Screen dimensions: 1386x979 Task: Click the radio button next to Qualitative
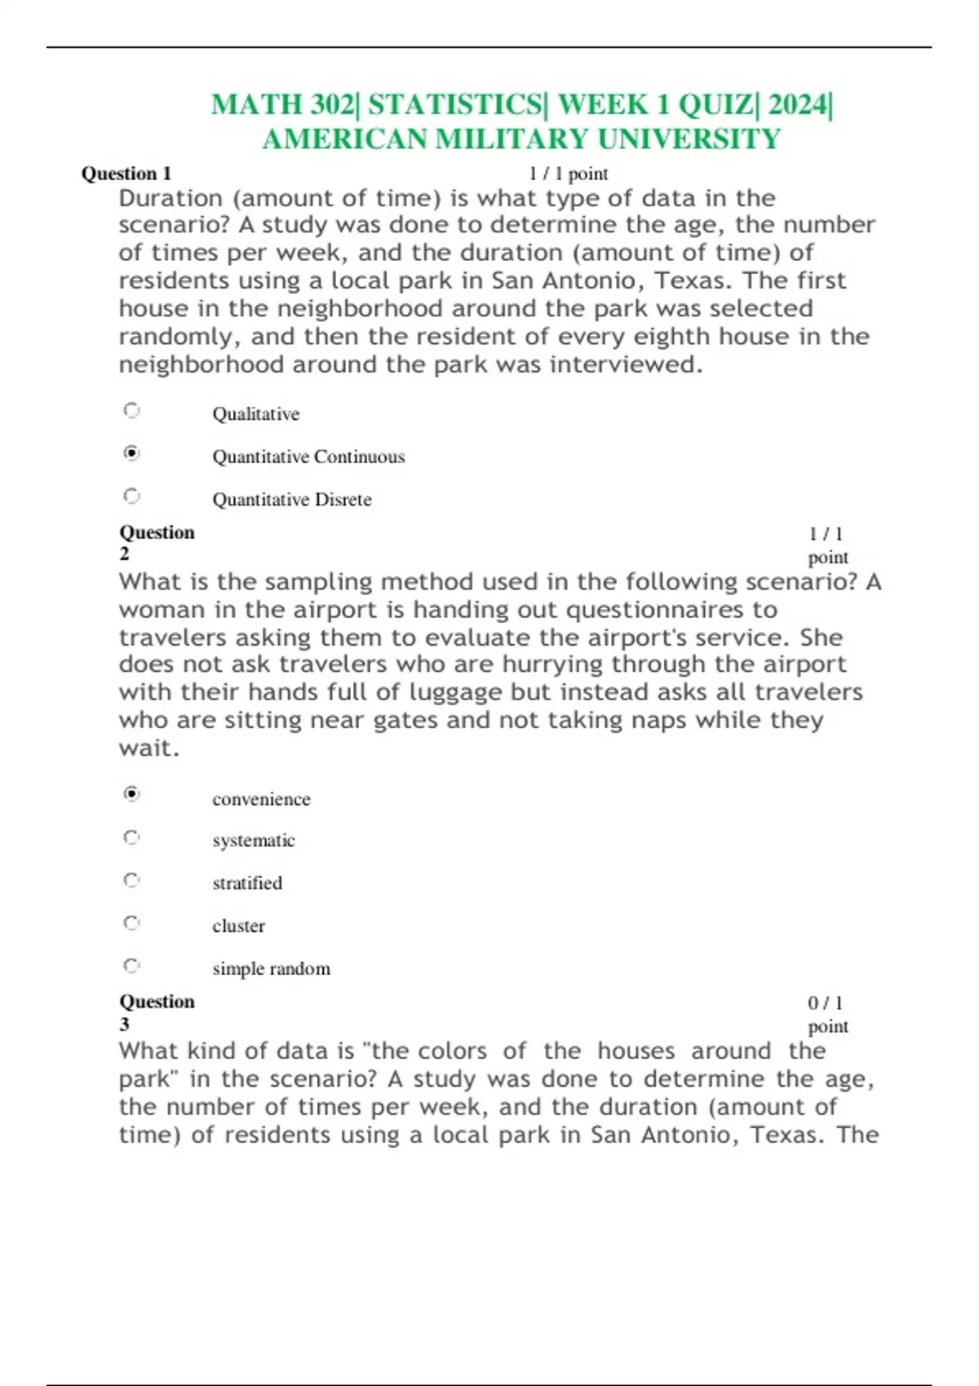[x=131, y=410]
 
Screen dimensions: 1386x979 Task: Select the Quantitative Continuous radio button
[x=131, y=452]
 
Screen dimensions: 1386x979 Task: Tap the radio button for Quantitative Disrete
[x=131, y=496]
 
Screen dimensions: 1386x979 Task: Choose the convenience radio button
[x=131, y=793]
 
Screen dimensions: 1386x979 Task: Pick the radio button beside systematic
[x=131, y=837]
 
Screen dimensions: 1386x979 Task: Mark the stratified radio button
[x=131, y=881]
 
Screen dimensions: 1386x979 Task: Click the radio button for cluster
[x=131, y=923]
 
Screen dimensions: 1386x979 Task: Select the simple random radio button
[x=131, y=966]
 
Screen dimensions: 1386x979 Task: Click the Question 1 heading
[x=126, y=174]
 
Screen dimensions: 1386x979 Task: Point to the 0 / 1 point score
[x=826, y=1014]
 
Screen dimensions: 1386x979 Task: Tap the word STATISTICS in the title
[x=454, y=105]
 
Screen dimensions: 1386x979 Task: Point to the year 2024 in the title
[x=796, y=105]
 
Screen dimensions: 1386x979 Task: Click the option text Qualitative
[x=255, y=414]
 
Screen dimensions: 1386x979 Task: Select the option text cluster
[x=238, y=926]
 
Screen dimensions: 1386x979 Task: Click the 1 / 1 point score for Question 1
[x=568, y=174]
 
